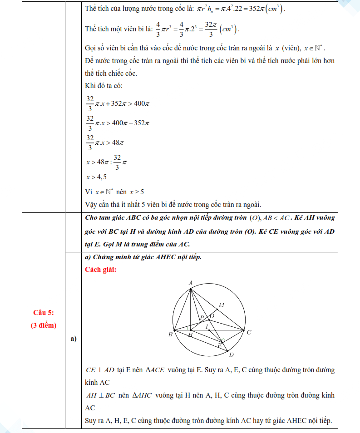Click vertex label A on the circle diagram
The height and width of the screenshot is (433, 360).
pos(191,283)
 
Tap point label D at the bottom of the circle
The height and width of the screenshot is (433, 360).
pos(231,354)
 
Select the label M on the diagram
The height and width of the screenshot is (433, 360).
pos(222,305)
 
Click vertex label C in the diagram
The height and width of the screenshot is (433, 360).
pos(249,332)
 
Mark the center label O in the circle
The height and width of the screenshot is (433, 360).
pos(212,315)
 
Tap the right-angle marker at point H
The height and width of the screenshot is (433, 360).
pos(188,328)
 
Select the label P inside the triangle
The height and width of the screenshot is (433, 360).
pos(202,318)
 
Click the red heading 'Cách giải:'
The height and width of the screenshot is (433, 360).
pos(101,270)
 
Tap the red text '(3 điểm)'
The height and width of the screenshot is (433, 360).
pos(44,325)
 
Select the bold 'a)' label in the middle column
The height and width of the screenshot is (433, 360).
pos(73,339)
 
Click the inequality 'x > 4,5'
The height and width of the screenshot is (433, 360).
pos(96,177)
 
